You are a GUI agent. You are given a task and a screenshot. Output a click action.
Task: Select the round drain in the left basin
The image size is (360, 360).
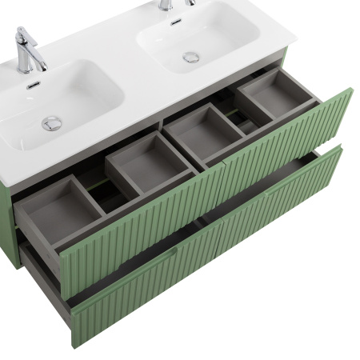pyautogui.click(x=52, y=122)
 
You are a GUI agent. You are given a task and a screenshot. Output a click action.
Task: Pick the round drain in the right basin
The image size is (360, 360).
pyautogui.click(x=190, y=57)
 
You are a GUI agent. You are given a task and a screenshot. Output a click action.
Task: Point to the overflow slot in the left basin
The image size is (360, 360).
pyautogui.click(x=34, y=86)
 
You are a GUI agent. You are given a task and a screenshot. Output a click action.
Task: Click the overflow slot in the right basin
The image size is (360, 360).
pyautogui.click(x=174, y=22)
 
